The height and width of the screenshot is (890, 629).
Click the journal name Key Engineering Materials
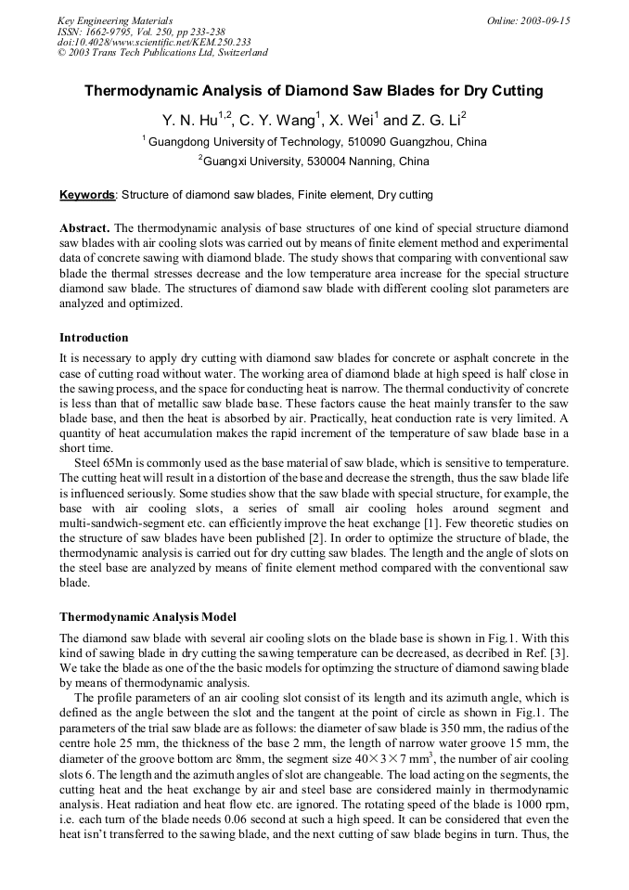point(114,20)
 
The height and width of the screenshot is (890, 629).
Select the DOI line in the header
point(154,42)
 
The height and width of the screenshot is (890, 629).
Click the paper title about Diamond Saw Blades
point(314,92)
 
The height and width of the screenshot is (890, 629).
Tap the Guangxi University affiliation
point(314,161)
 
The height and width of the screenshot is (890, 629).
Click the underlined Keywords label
point(87,195)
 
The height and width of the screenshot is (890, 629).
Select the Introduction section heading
point(94,337)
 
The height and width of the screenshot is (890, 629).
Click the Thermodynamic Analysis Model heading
point(148,616)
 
